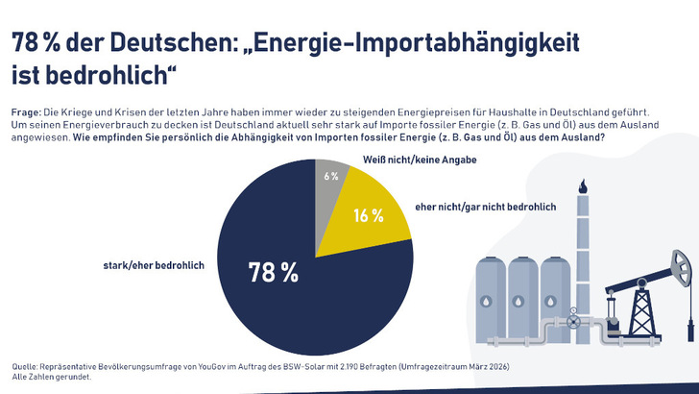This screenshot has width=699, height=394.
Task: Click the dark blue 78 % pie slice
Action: pos(288,308)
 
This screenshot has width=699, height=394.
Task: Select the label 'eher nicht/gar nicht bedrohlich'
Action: pos(485,207)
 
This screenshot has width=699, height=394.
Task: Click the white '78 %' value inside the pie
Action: pos(274,272)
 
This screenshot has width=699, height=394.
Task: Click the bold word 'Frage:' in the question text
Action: pos(26,112)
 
